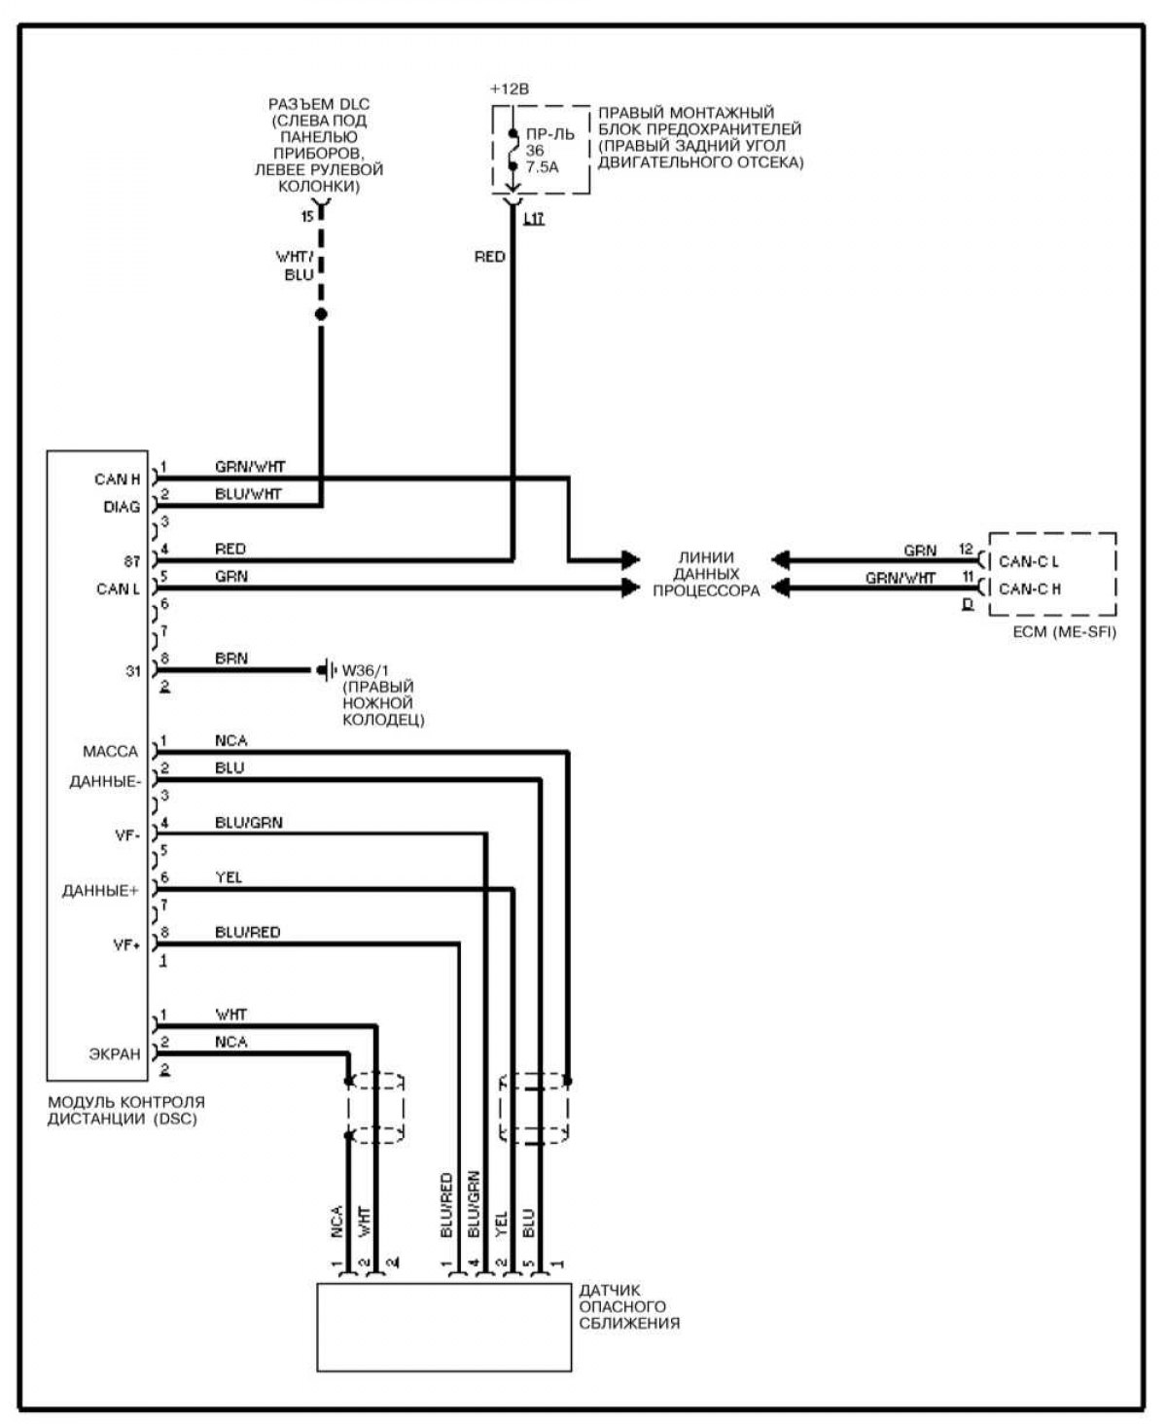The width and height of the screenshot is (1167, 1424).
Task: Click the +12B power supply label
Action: (x=510, y=89)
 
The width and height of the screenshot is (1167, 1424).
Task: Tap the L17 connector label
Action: (x=533, y=219)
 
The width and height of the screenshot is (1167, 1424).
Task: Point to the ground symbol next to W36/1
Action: (x=324, y=670)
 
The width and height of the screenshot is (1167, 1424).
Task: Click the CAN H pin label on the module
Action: (x=117, y=480)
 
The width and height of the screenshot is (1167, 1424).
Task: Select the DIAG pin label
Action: (x=122, y=507)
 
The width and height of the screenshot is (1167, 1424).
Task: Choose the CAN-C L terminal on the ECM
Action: (x=1029, y=561)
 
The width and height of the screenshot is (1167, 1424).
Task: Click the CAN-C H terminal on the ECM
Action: (x=1029, y=588)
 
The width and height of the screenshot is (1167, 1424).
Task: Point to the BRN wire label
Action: (x=231, y=659)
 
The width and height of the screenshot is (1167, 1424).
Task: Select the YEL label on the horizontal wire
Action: (x=229, y=877)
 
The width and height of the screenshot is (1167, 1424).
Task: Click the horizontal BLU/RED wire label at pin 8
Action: (x=247, y=932)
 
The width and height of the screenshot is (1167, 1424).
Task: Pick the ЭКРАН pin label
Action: (x=115, y=1053)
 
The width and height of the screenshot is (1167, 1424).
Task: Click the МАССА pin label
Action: (x=111, y=751)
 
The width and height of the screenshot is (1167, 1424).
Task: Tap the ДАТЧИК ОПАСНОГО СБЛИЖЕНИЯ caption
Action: (x=629, y=1306)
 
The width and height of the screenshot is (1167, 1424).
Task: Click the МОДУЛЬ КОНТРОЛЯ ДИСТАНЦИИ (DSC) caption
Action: (x=126, y=1111)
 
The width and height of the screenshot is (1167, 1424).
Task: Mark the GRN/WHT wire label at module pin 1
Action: (x=250, y=467)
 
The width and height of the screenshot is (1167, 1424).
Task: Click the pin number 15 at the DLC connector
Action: (x=307, y=216)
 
